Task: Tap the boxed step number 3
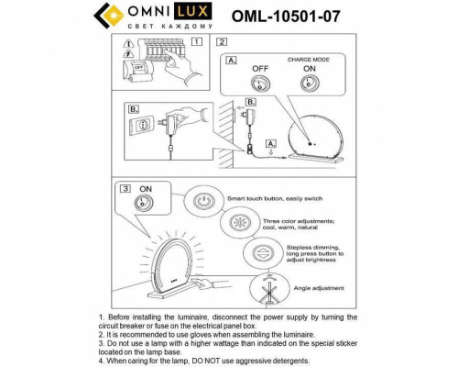click(x=125, y=188)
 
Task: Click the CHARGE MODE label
click(x=309, y=58)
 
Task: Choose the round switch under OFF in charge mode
click(x=261, y=85)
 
